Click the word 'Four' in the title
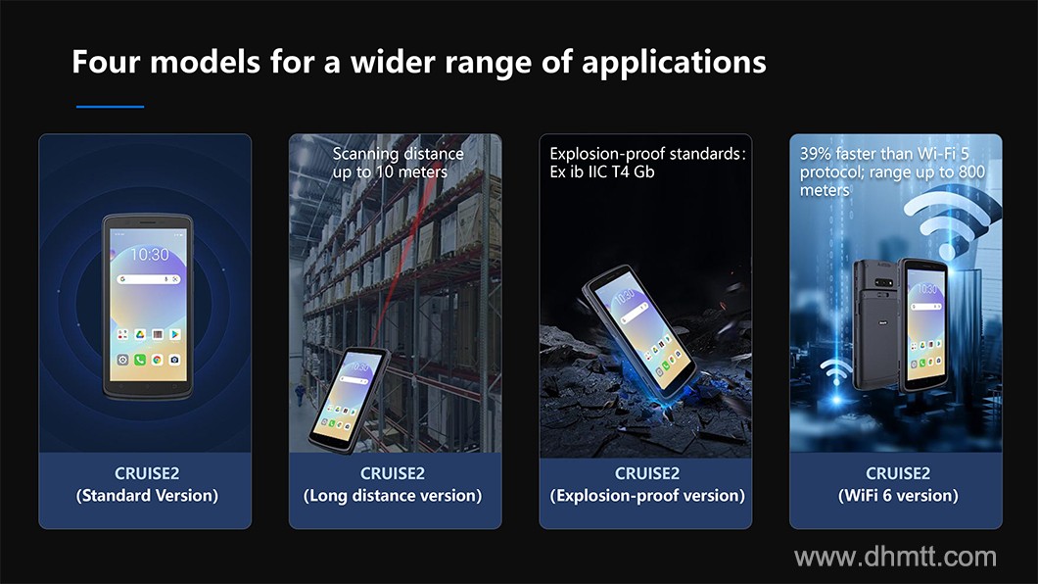coord(106,62)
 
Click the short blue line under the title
coord(110,106)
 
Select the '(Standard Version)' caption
coord(147,496)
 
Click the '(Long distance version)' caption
coord(393,496)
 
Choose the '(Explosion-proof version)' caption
coord(647,496)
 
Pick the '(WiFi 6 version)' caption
coord(898,496)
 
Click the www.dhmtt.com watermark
coord(896,557)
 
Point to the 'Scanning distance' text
coord(398,154)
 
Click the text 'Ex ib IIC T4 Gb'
coord(602,172)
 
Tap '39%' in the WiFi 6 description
coord(816,154)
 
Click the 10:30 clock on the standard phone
coord(150,254)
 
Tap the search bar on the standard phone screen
coord(148,279)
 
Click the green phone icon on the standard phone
coord(140,360)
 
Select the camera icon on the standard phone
coord(174,360)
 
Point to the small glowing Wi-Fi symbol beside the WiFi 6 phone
coord(835,372)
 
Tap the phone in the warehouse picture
coord(349,400)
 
